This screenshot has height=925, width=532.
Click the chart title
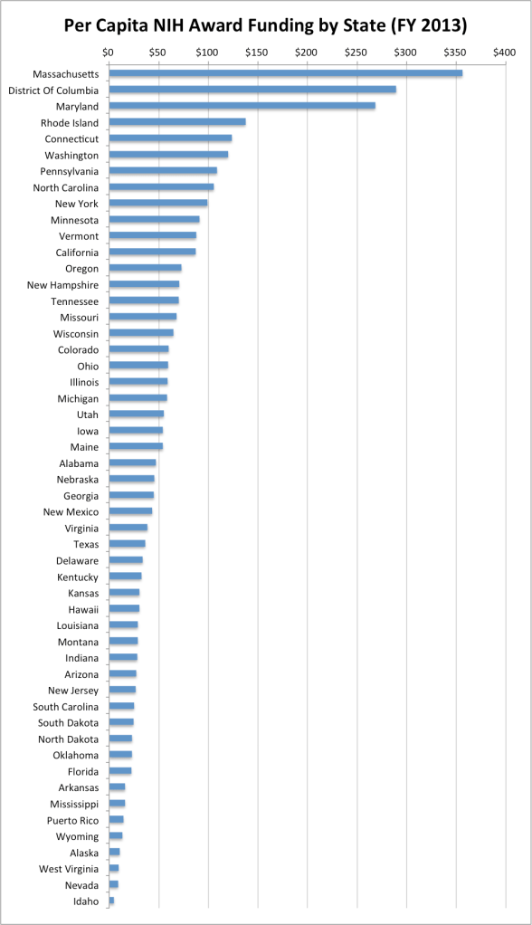coord(266,24)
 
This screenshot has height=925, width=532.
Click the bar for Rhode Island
coord(177,122)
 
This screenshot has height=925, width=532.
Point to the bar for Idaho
coord(111,901)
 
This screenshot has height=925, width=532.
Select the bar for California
coord(152,252)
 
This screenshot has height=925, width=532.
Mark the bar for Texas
coord(127,544)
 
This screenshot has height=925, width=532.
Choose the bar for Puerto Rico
coord(116,820)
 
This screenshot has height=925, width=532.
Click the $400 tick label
coord(504,53)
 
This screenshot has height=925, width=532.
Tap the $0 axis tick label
coord(109,53)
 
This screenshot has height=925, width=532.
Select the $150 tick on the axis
coord(257,53)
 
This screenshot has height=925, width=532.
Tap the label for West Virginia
coord(67,869)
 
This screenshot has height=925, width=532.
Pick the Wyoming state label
coord(77,836)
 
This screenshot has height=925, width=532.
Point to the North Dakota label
coord(68,739)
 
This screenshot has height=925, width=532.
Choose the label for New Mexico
coord(71,511)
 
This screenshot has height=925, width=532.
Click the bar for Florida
coord(120,771)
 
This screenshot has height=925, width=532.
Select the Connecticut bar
coord(170,138)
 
